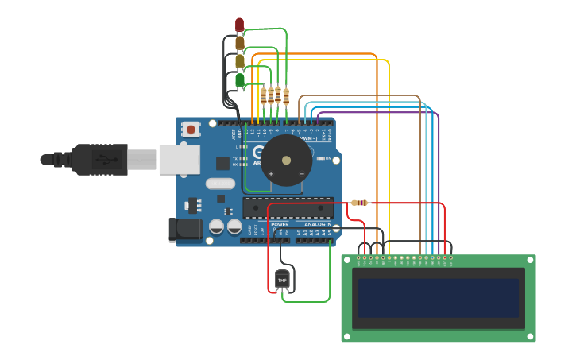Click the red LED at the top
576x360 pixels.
point(239,25)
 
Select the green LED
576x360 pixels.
point(239,79)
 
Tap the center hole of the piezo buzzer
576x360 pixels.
point(286,160)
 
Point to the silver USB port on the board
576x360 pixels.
point(179,159)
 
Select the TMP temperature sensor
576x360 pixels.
point(282,279)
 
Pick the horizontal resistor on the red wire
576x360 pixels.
point(359,203)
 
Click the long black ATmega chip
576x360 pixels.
point(288,207)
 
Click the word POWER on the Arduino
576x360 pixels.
point(280,224)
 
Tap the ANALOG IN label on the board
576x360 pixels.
point(317,224)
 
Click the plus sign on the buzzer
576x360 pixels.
point(271,173)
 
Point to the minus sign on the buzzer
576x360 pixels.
point(301,173)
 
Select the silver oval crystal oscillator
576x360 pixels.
point(220,184)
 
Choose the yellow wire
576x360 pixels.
point(389,159)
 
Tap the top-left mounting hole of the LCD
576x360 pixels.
point(346,259)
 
